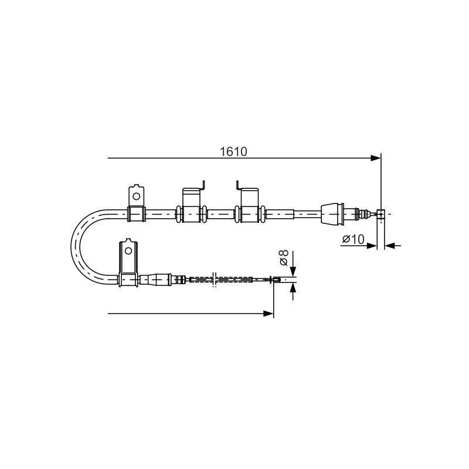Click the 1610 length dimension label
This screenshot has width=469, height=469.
click(233, 152)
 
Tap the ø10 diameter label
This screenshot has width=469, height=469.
click(354, 239)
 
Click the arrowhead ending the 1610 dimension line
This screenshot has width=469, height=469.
click(376, 158)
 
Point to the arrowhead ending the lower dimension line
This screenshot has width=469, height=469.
click(269, 314)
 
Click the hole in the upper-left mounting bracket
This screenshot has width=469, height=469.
click(136, 196)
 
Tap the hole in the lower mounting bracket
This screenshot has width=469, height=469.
click(128, 250)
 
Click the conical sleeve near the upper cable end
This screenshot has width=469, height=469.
click(332, 214)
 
